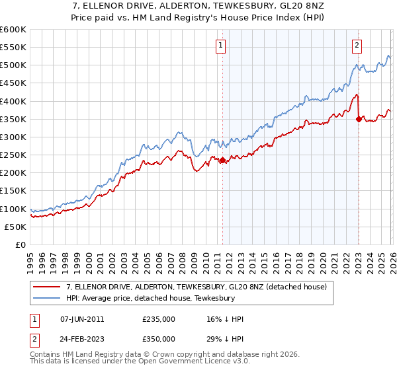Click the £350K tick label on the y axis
(x=13, y=119)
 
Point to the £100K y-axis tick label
(x=13, y=209)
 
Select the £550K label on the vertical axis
(x=13, y=48)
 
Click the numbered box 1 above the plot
(x=220, y=46)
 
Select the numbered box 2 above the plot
(x=357, y=46)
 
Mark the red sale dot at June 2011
(x=222, y=160)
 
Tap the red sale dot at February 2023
(x=359, y=119)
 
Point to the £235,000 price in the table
(x=158, y=319)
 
